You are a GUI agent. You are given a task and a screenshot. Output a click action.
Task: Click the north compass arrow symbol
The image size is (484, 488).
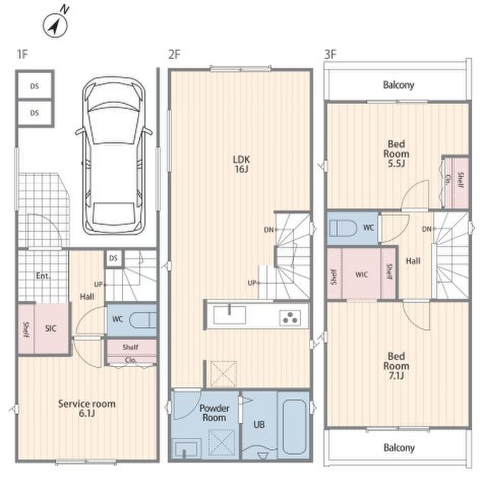(x=55, y=26)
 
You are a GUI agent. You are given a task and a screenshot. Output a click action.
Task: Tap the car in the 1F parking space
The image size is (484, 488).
(x=114, y=156)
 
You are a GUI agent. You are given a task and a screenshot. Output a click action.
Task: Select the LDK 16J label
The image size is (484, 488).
(x=241, y=164)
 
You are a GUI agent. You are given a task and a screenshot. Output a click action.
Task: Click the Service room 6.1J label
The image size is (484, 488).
(x=87, y=408)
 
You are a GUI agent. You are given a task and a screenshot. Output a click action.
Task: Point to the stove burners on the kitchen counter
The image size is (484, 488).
(x=290, y=318)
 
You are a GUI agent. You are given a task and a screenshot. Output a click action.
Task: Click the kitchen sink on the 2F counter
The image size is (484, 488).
(x=229, y=315)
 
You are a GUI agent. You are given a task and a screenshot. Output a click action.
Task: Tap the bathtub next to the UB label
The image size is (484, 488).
(x=294, y=426)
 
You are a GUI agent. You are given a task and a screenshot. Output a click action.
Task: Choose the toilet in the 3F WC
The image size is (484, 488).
(x=342, y=228)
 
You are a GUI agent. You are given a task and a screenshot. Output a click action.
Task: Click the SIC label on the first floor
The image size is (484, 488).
(x=51, y=328)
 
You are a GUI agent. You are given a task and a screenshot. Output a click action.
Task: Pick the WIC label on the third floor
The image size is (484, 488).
(x=361, y=274)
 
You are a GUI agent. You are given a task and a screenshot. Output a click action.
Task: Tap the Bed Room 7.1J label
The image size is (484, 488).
(x=396, y=365)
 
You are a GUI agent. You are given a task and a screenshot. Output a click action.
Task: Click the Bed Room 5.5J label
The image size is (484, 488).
(x=396, y=154)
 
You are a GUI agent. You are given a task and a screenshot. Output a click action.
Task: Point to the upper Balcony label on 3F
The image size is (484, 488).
(x=399, y=85)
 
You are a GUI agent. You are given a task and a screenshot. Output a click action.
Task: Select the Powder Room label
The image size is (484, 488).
(x=214, y=413)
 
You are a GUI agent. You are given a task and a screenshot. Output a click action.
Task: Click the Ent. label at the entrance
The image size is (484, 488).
(x=43, y=276)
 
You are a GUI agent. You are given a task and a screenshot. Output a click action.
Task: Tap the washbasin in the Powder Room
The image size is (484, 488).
(x=186, y=449)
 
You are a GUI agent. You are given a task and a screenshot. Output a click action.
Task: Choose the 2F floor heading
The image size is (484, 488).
(x=175, y=54)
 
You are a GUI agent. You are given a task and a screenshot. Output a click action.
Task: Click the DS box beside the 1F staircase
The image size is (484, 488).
(x=114, y=258)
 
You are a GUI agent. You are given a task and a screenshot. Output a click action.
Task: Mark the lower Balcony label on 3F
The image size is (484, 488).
(x=399, y=448)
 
